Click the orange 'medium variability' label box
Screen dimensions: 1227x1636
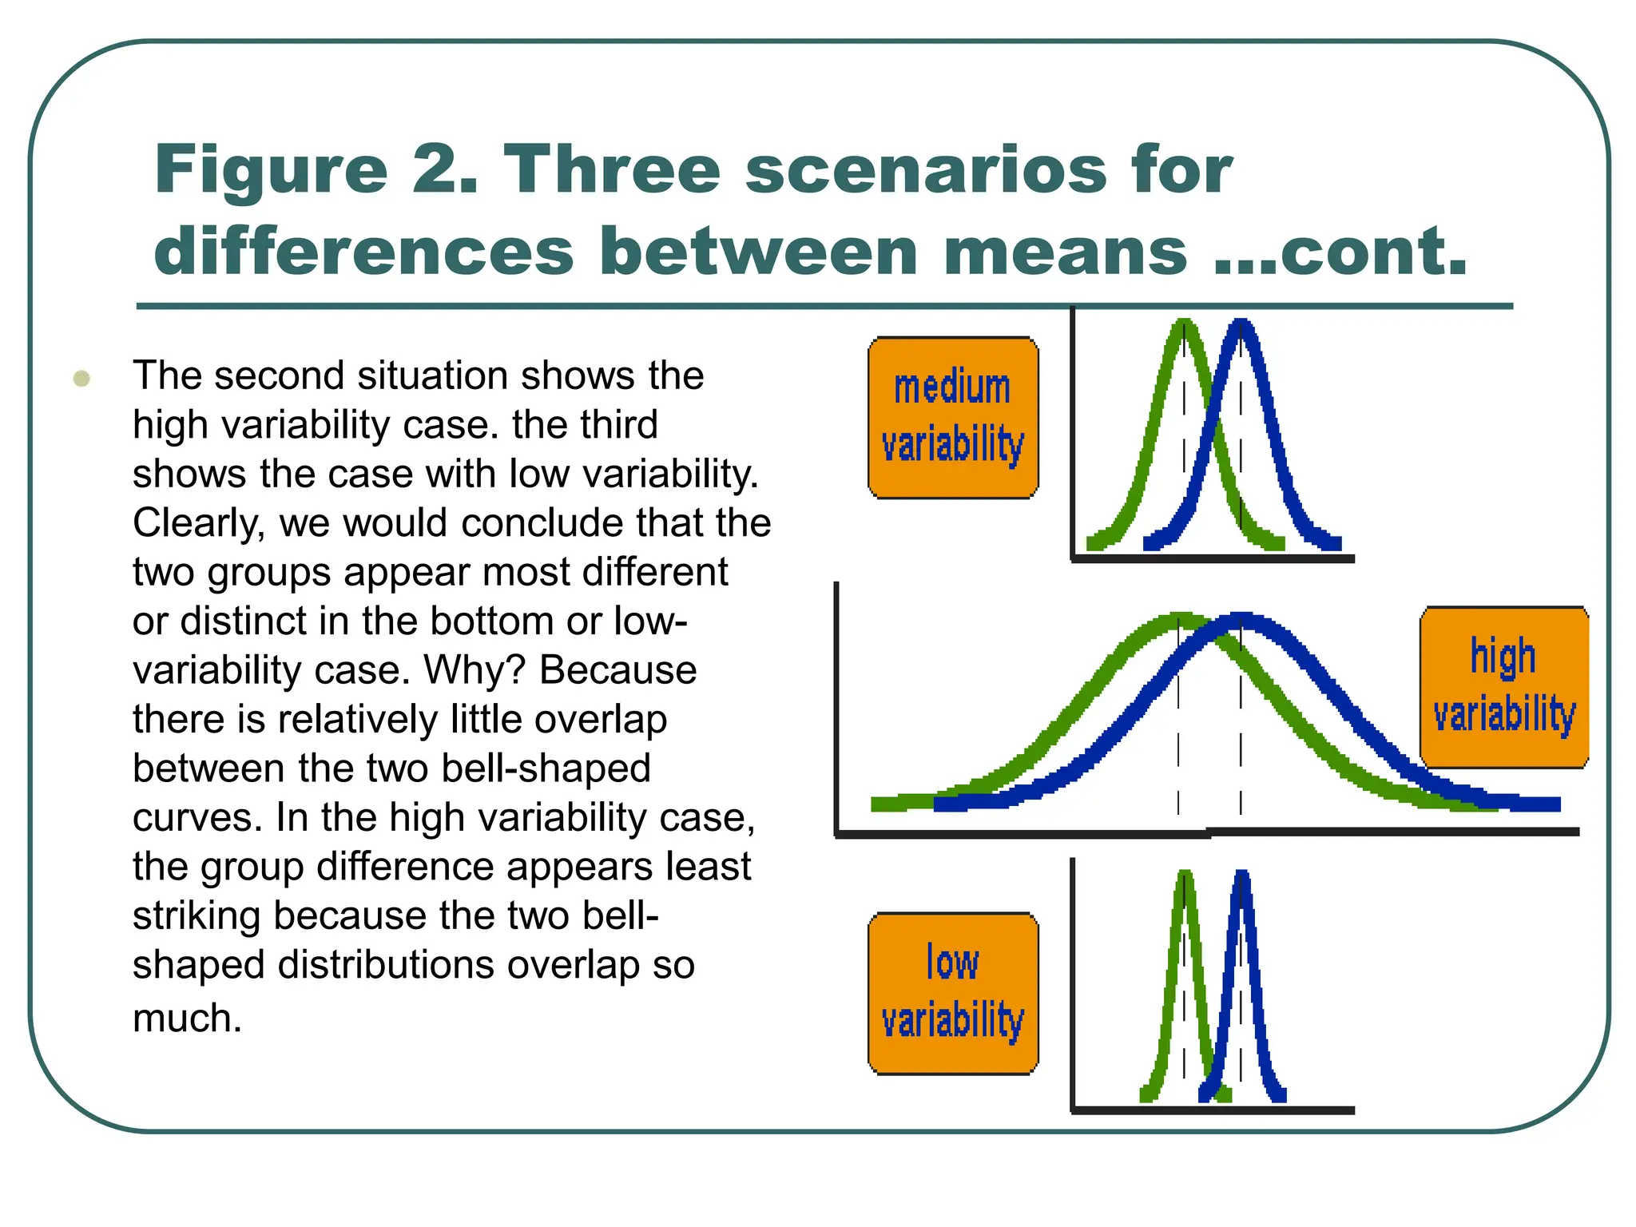(x=953, y=417)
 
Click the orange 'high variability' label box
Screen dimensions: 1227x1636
(x=1503, y=687)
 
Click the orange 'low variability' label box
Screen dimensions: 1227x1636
(x=953, y=993)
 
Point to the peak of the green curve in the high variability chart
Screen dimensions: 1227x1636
(x=1178, y=619)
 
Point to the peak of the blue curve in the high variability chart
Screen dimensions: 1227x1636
(x=1241, y=620)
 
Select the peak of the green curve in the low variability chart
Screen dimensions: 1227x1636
(x=1185, y=876)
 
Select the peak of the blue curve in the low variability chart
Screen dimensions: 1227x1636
(x=1241, y=876)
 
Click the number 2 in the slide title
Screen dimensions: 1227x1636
(x=443, y=169)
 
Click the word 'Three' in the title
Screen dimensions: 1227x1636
(x=611, y=169)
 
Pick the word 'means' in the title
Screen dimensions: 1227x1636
(x=1065, y=251)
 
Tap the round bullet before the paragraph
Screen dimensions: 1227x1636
(x=81, y=378)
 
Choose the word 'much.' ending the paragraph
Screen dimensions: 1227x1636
(x=187, y=1019)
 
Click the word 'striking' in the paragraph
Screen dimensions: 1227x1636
(x=196, y=916)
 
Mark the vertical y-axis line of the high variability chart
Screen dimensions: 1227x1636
(x=836, y=707)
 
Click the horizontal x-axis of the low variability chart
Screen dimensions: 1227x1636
(x=1212, y=1110)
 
